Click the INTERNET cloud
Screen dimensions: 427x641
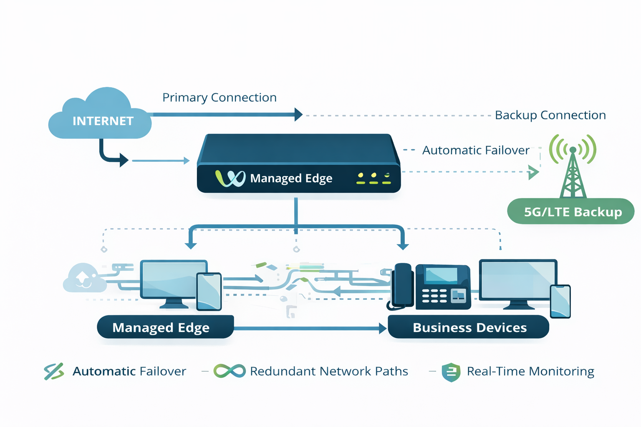point(100,117)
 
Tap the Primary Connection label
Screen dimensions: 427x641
point(220,98)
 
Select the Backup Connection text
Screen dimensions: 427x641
point(550,115)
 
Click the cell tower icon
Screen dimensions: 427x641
point(573,167)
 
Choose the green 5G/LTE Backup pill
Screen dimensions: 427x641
point(571,211)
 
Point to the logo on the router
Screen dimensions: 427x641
point(230,178)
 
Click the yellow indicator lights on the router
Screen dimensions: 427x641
point(373,178)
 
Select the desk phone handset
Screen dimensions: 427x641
point(403,286)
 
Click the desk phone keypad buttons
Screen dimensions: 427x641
point(434,295)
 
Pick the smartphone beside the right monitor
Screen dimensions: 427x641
point(560,301)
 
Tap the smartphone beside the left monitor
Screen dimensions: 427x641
point(209,291)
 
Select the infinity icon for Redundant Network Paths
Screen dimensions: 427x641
point(229,371)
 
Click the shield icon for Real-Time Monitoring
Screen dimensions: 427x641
point(451,372)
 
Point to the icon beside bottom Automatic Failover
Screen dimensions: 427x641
point(54,371)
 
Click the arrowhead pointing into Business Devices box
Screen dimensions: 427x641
point(383,328)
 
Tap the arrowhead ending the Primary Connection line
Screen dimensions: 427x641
point(298,114)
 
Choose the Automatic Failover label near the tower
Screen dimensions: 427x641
point(475,150)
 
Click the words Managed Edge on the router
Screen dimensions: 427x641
point(291,178)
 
